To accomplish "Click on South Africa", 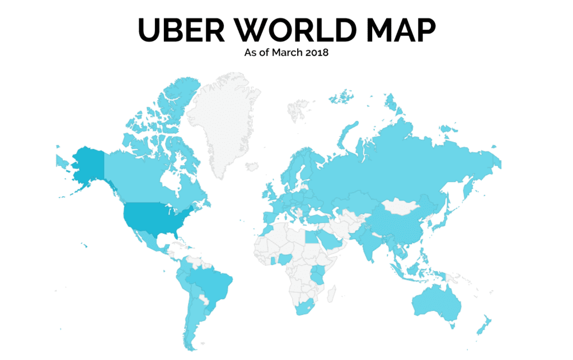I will [305, 307].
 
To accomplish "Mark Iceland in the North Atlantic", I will [252, 166].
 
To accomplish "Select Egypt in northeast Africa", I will [313, 238].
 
